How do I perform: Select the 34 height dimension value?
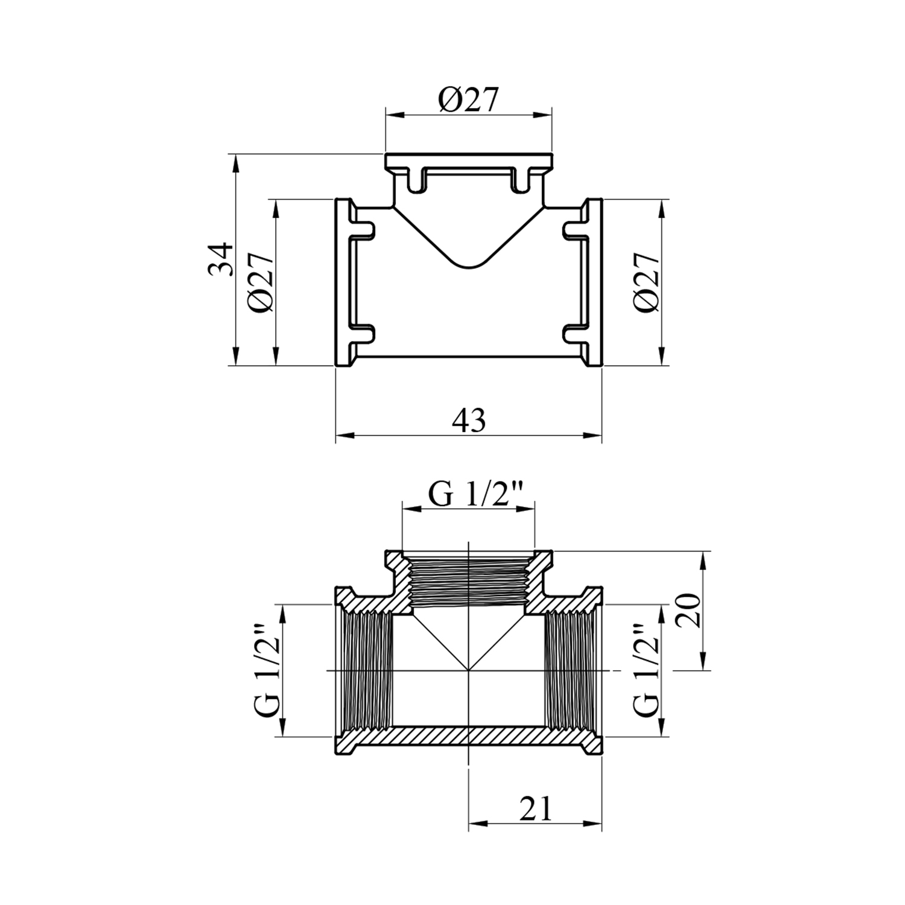(220, 259)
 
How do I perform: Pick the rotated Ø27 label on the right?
(647, 282)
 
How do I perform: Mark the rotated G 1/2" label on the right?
(648, 670)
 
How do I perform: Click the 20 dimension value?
(688, 611)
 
